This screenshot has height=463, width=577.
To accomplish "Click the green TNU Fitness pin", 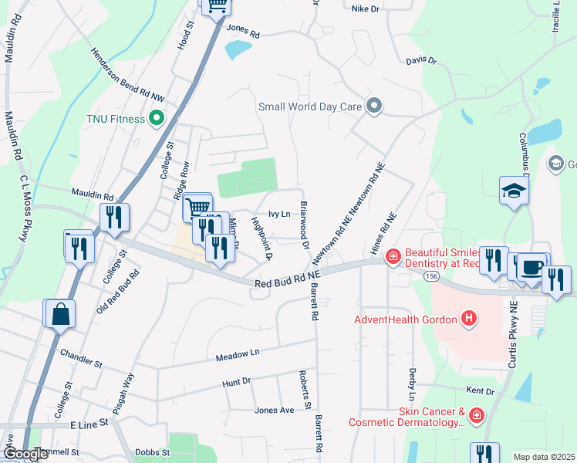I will pos(157,119).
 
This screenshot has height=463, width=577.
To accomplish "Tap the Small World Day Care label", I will pos(310,106).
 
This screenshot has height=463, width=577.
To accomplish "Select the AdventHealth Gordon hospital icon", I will pos(467,318).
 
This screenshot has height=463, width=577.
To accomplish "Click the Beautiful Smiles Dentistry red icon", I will pos(393,256).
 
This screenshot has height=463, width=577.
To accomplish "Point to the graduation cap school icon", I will pos(513,191).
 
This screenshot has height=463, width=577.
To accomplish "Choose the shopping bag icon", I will pos(59,314).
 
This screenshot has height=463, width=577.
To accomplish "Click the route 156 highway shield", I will pos(432,275).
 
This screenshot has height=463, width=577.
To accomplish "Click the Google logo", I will pos(25,454).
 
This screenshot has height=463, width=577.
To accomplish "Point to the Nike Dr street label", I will pos(366,8).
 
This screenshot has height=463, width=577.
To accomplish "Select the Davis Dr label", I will pos(421,59).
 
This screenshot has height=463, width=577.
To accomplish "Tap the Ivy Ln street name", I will pos(278,214).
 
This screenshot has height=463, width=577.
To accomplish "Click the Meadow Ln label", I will pos(238,354).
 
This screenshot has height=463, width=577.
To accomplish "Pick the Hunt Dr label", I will pos(236,381).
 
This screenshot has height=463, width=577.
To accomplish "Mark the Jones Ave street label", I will pos(274,410).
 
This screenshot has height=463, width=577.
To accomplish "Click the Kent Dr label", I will pos(479,392).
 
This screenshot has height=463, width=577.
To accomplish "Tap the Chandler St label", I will pos(81,357).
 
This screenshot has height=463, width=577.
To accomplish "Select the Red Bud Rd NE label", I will pos(286,279).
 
